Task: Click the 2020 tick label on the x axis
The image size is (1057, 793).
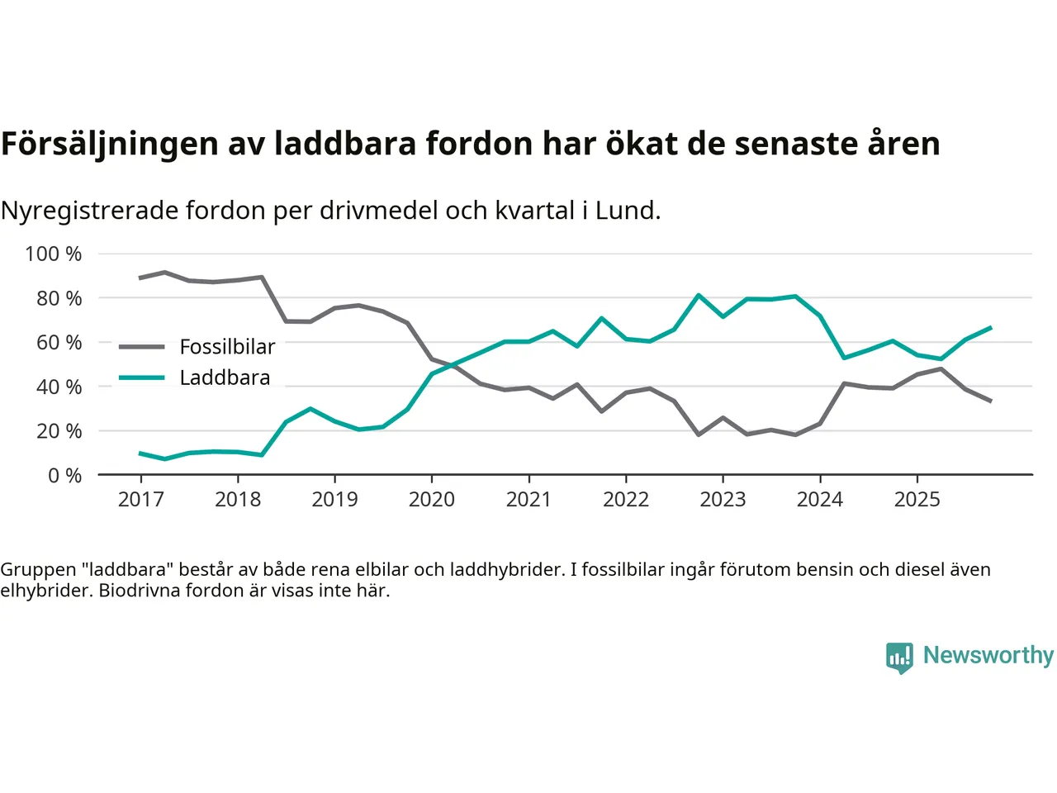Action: (x=431, y=500)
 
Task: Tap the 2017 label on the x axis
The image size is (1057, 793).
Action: (x=140, y=500)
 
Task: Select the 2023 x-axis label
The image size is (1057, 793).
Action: (x=723, y=500)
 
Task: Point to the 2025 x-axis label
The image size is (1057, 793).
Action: (x=917, y=500)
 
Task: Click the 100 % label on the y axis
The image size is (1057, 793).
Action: (x=54, y=254)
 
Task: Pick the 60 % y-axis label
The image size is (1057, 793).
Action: (x=59, y=342)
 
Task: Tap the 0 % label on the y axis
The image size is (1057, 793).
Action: (x=64, y=475)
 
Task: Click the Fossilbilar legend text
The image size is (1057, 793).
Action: (x=227, y=347)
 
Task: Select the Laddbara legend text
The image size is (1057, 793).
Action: (x=225, y=378)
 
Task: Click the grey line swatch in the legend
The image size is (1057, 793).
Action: (x=141, y=347)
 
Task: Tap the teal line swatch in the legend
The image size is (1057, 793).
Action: (x=141, y=378)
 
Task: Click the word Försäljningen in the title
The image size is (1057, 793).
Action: (x=110, y=144)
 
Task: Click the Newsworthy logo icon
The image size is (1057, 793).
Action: (x=899, y=658)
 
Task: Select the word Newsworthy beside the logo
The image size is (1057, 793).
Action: (x=988, y=655)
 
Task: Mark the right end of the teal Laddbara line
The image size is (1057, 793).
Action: (x=990, y=328)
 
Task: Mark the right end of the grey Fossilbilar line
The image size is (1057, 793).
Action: (x=990, y=401)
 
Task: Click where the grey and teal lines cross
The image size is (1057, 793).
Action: (x=453, y=364)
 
